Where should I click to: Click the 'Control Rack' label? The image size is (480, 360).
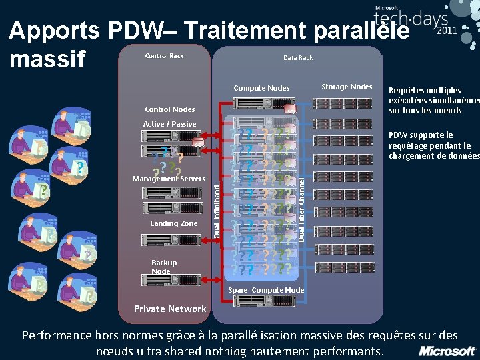coord(164,55)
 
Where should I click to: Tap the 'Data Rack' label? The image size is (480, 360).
coord(298,58)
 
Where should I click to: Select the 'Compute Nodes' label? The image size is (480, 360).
coord(261,88)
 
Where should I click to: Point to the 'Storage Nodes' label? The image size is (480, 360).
coord(347,87)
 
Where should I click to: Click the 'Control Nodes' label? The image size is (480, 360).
coord(170,109)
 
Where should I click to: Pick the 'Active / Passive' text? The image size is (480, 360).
coord(170,124)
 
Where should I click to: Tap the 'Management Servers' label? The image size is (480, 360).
coord(169,179)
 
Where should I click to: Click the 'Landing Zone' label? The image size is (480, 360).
coord(174,223)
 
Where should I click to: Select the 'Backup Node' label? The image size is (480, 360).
coord(164,267)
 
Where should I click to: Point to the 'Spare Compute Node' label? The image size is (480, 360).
coord(266,290)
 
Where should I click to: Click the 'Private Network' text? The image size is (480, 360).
coord(170,309)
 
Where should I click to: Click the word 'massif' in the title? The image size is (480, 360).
coord(48,59)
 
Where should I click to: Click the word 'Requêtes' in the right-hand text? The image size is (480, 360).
coord(407,91)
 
